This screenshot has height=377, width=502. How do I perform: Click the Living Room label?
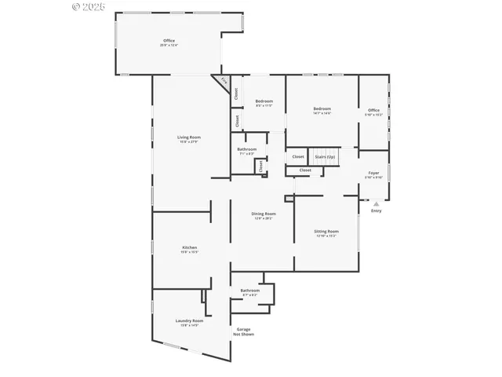188,137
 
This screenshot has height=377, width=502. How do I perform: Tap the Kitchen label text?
179,247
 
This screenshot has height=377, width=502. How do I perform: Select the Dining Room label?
264,214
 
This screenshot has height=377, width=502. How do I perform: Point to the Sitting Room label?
326,232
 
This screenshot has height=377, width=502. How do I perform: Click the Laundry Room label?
189,320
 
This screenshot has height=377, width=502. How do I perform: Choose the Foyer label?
374,173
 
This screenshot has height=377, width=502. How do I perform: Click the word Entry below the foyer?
376,210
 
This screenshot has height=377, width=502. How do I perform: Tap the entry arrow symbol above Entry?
376,203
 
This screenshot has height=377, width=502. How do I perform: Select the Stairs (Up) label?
325,156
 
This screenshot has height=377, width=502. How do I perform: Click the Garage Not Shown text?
243,331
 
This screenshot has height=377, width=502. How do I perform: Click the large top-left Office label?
169,41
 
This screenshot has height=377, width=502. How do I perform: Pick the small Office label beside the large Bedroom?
373,110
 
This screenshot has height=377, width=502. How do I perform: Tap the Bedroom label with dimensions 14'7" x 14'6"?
322,109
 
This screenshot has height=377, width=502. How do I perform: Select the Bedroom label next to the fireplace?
264,101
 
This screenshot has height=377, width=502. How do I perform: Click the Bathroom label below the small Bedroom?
247,149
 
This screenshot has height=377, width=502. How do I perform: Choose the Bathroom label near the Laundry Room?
249,291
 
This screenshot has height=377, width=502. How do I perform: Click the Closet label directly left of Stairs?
298,156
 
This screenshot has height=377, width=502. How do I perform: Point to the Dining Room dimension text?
264,218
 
